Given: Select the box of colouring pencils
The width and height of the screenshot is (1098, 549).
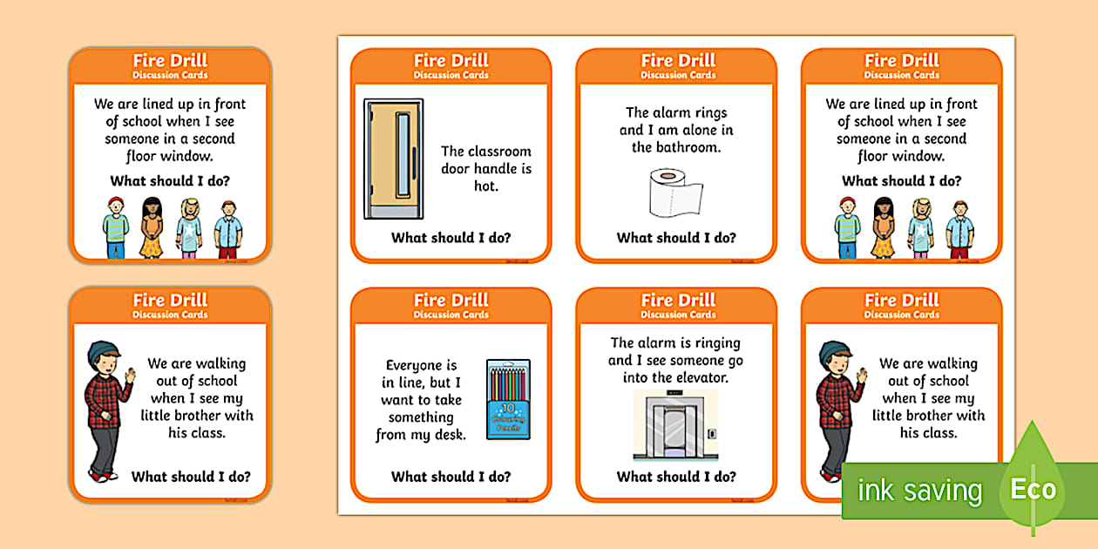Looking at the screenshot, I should point(508,399).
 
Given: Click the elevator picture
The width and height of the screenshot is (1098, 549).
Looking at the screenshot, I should point(675,424).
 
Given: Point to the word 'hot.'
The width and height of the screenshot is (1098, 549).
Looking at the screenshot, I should point(485,186).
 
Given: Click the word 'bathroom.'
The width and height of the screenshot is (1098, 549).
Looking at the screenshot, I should point(676,147).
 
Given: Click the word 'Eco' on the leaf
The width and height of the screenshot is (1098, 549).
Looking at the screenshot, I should point(1033,489).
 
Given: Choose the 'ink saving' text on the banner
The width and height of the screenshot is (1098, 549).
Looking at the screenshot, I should point(919,491).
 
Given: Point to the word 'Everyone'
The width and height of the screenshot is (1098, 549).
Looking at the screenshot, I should point(421,365).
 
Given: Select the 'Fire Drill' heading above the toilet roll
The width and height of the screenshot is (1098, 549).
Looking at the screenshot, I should point(676,60).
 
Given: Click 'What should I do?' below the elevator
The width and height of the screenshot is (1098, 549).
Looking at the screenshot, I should point(676,477).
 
